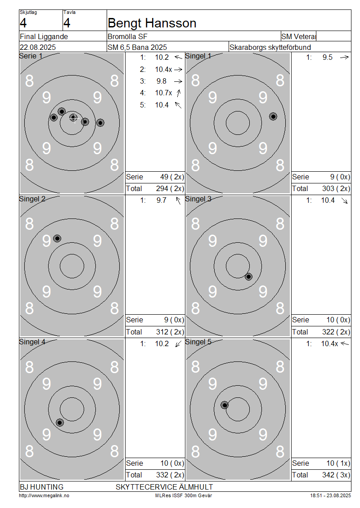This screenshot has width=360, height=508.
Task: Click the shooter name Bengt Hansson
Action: click(152, 23)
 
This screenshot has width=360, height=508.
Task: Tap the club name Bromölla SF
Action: click(127, 36)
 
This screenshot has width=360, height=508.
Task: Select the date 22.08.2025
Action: click(38, 47)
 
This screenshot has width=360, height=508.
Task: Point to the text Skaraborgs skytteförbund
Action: click(270, 47)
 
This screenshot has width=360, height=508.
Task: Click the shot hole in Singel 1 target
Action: click(273, 116)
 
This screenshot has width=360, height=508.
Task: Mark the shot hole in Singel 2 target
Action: click(57, 239)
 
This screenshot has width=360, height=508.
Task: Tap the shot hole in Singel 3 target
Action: click(248, 276)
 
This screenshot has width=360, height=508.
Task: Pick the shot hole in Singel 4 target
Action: click(60, 423)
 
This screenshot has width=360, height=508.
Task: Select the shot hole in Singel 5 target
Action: click(225, 405)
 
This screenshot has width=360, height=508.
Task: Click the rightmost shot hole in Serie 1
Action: click(100, 123)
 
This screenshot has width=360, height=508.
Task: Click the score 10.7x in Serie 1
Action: click(163, 93)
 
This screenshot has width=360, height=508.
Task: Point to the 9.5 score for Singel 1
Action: click(327, 58)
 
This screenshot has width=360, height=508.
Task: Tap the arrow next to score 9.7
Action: click(178, 201)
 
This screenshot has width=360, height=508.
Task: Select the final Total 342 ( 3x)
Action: click(336, 475)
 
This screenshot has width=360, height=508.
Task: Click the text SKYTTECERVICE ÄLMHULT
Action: click(164, 487)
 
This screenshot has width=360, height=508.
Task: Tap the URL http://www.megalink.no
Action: click(44, 495)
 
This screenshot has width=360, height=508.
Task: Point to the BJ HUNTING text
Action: click(41, 487)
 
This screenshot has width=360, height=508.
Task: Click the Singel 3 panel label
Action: click(198, 199)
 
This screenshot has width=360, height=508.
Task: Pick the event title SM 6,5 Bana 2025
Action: click(137, 47)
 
